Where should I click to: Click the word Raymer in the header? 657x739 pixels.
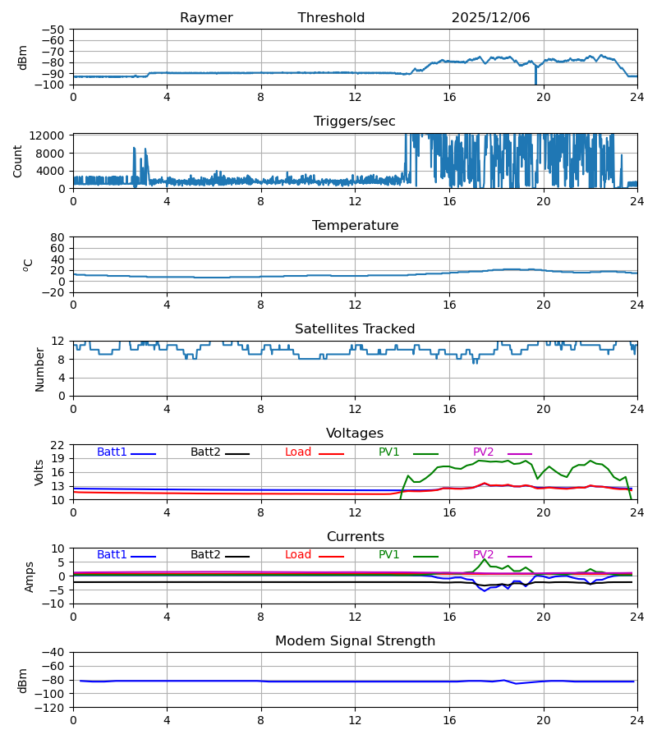pos(206,18)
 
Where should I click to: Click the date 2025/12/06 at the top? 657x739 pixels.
pos(490,18)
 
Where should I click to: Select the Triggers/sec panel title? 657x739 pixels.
pos(355,122)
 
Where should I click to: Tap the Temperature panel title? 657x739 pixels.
pos(355,226)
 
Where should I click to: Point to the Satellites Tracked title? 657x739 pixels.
pos(355,329)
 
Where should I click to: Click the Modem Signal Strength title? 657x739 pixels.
pos(355,641)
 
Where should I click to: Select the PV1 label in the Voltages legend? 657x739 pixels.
pos(388,452)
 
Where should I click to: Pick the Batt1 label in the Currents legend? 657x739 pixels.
pos(112,555)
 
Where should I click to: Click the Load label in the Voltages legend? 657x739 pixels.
pos(298,452)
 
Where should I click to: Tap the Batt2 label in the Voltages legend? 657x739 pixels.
pos(205,452)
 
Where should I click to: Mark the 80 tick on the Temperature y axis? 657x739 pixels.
pos(57,237)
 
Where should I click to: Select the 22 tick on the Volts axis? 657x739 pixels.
pos(57,445)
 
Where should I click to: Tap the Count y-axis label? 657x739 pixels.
pos(18,161)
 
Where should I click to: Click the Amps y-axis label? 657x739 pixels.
pos(30,576)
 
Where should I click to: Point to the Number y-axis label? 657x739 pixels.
pos(39,369)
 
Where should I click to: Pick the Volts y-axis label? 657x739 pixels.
pos(39,472)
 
